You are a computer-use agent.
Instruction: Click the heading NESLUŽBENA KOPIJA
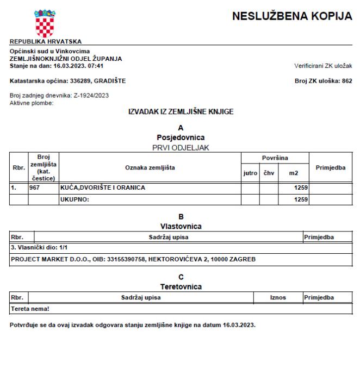[x=292, y=17]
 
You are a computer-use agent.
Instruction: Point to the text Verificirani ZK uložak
[x=323, y=66]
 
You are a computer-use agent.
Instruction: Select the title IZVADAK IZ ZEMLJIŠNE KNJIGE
[x=180, y=112]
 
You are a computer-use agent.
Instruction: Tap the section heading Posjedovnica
[x=180, y=137]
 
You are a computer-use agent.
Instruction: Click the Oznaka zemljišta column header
[x=150, y=168]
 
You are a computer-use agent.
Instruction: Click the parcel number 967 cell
[x=35, y=188]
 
